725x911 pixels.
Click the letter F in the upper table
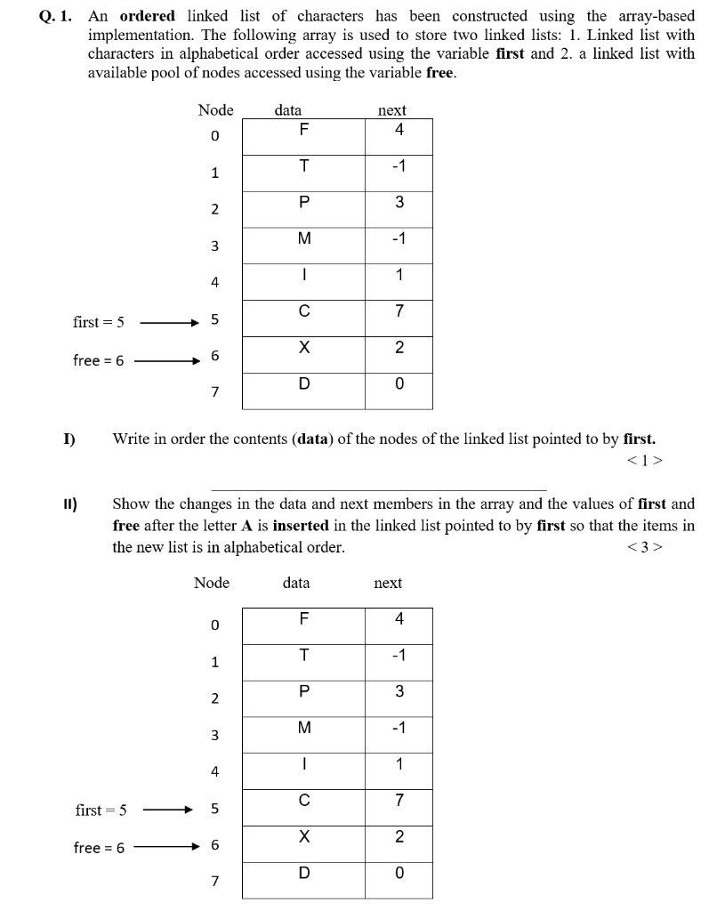pos(303,130)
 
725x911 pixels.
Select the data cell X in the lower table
pos(303,837)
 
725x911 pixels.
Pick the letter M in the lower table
pos(303,728)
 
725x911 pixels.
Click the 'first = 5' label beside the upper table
pos(98,320)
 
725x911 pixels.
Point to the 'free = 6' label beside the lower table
pos(100,848)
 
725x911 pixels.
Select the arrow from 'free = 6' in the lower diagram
pos(169,848)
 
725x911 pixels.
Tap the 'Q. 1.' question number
pos(57,17)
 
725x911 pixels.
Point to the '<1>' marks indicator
pos(645,460)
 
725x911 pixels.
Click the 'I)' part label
pos(68,439)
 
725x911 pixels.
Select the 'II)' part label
pos(70,504)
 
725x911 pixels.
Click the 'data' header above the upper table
pos(287,110)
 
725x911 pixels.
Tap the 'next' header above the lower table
pos(388,583)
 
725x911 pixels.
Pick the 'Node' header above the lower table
pos(212,583)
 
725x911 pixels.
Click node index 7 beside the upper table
pos(214,392)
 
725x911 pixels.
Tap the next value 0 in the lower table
pos(399,873)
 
